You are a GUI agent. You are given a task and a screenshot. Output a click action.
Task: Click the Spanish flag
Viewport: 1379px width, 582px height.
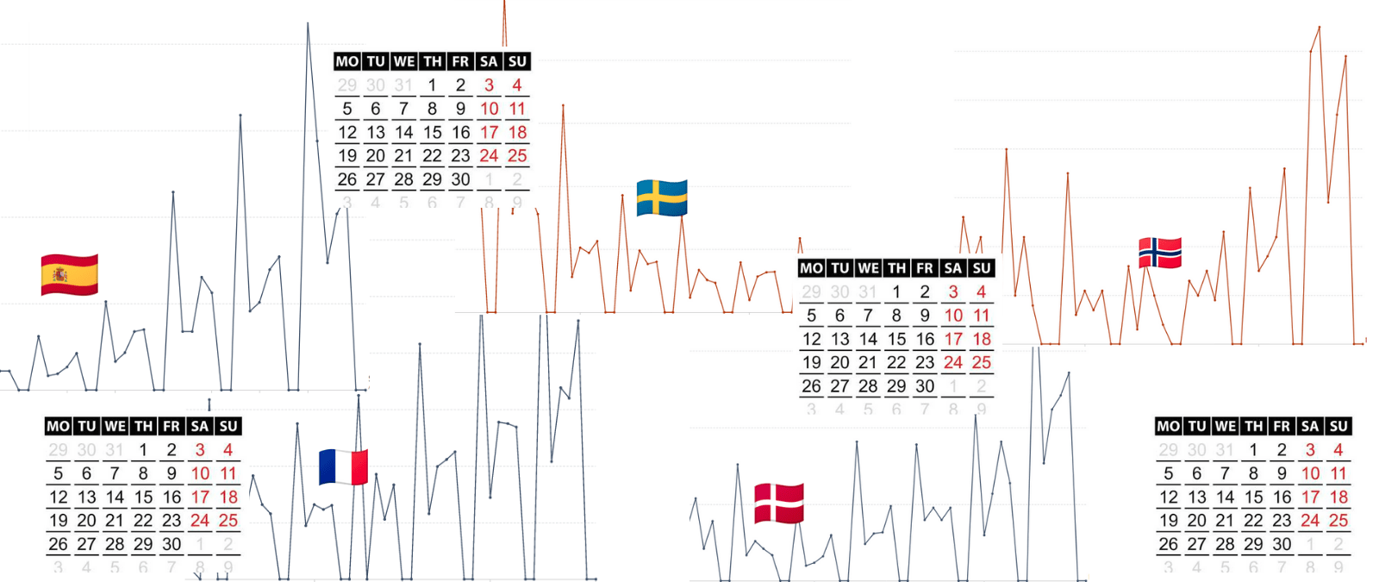[x=69, y=275]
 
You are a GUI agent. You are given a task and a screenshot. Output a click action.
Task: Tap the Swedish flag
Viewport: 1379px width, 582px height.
[x=661, y=197]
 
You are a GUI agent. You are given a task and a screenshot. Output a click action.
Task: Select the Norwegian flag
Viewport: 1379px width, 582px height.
[x=1159, y=253]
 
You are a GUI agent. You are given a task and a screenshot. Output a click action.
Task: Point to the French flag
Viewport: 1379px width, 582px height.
[x=343, y=466]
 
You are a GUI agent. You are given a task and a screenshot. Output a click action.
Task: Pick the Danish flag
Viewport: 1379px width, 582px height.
[x=778, y=504]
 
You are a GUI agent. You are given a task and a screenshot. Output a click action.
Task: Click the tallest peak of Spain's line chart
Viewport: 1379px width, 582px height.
[x=308, y=23]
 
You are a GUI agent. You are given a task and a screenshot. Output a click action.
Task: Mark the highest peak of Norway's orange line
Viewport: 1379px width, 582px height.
[x=1319, y=28]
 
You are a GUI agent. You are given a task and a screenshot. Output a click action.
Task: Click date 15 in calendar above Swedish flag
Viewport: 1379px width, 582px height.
[x=432, y=133]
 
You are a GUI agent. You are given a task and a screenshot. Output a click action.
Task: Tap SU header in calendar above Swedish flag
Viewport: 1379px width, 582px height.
[x=517, y=61]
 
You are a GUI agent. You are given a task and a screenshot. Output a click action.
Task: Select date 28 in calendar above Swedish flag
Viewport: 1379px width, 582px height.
[x=403, y=179]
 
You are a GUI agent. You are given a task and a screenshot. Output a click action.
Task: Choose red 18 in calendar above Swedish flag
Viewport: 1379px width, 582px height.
[x=517, y=133]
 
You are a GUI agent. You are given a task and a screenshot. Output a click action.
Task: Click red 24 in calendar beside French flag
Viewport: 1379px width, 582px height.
[x=200, y=521]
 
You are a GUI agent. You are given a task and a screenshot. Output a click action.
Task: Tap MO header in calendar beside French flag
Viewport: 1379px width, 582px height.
[x=58, y=426]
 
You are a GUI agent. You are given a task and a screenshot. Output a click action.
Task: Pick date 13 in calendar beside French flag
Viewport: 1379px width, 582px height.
[x=86, y=498]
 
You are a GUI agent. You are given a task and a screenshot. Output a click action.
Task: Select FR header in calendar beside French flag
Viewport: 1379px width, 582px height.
[x=172, y=426]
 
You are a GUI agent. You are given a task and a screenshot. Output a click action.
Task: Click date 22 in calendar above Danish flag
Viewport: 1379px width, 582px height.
[x=896, y=363]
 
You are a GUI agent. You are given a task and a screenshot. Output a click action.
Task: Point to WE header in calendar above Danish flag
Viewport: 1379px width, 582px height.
[x=868, y=268]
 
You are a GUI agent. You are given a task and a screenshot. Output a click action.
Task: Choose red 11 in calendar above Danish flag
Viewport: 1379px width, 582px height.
[x=981, y=316]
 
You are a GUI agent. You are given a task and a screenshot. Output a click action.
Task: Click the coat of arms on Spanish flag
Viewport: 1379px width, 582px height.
[x=59, y=275]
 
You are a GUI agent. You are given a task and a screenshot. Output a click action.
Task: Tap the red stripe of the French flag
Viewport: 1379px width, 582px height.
[x=359, y=466]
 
